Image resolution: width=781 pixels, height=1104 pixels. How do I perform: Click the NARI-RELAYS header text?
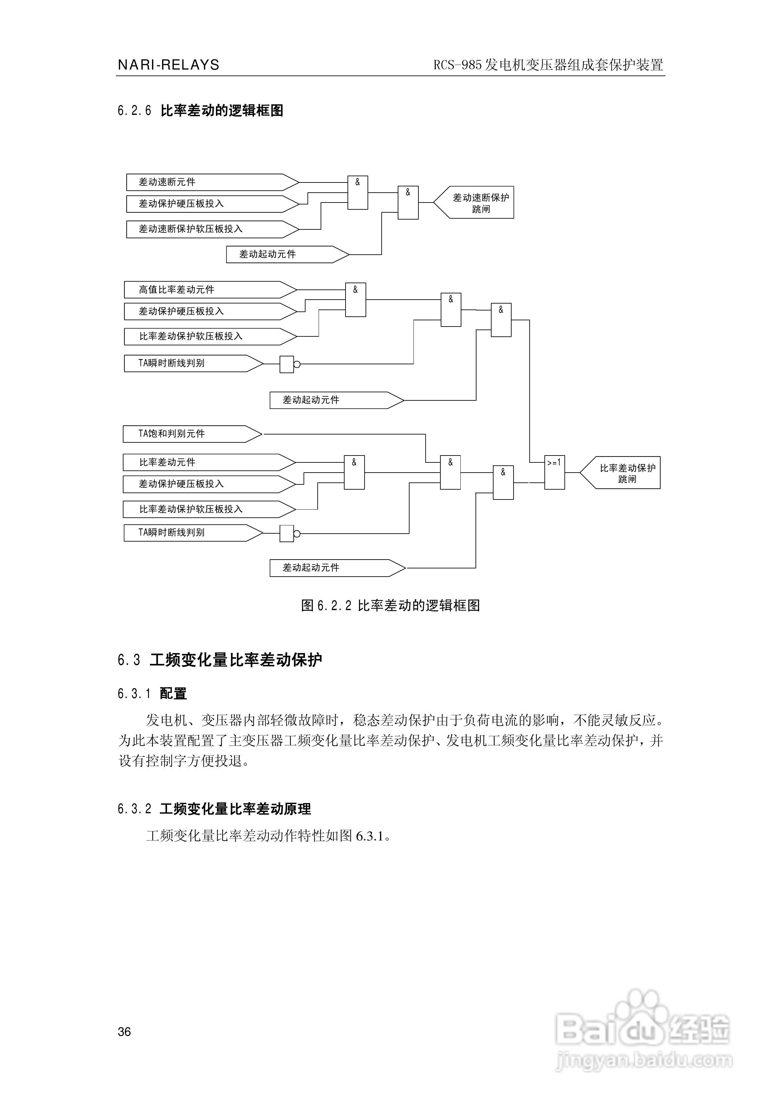168,65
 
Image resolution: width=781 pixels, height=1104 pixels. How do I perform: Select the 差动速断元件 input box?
207,182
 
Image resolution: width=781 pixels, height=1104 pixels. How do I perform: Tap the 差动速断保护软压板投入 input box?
207,229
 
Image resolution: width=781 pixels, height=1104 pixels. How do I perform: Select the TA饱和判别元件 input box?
188,434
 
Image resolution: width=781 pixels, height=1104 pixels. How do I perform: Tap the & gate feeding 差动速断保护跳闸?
408,202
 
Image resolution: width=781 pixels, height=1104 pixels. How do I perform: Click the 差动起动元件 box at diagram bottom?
332,567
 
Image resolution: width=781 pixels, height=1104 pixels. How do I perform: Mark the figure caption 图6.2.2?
390,605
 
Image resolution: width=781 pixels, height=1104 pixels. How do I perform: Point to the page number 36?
124,1031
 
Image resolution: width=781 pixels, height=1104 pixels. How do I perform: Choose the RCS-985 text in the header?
457,65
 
